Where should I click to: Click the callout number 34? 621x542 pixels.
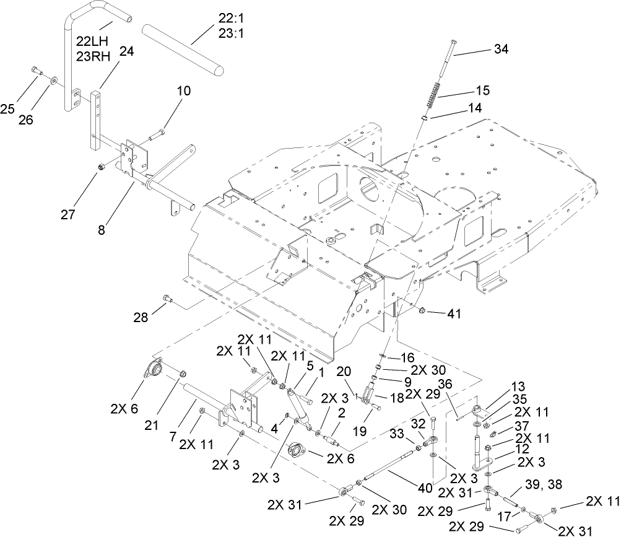[501, 50]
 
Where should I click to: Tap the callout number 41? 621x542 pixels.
[455, 314]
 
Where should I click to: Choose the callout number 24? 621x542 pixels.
[126, 53]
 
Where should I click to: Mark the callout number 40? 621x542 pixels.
[424, 488]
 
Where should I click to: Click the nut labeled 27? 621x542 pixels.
[102, 167]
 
